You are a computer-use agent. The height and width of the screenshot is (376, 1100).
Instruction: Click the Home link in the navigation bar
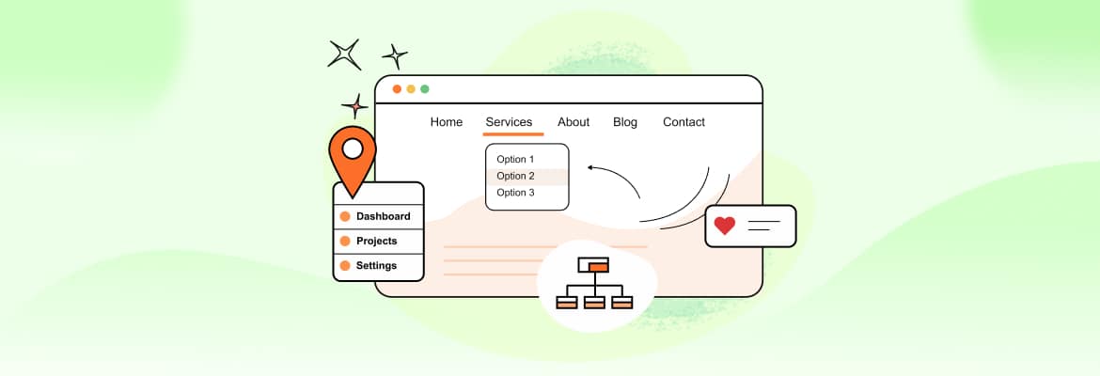coord(447,122)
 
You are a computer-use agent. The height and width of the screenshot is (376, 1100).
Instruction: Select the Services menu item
coord(509,122)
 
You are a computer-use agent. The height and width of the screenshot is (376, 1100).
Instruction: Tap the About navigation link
coord(574,122)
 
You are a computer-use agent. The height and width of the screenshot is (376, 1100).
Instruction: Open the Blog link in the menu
coord(625,122)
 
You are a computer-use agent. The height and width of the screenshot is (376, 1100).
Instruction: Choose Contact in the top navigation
coord(684,122)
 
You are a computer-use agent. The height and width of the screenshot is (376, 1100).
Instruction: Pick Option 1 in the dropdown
coord(515,160)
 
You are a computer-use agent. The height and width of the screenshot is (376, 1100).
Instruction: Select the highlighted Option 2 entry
coord(515,177)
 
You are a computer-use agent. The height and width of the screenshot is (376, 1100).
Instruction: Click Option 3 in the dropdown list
coord(515,193)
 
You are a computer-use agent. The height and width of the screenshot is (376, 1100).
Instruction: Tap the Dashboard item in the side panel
coord(383,216)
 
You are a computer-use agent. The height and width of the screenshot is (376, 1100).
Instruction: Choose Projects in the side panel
coord(376,241)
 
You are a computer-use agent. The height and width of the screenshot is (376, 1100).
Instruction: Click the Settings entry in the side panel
coord(376,265)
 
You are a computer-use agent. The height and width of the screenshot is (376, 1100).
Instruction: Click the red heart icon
coord(724,226)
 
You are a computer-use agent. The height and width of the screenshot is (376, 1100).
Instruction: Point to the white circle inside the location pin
coord(353,149)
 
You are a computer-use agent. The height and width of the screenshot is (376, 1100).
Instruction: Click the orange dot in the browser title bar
coord(397,89)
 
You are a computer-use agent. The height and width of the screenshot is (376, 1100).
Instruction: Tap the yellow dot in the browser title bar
coord(411,89)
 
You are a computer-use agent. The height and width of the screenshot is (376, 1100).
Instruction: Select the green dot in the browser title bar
coord(425,89)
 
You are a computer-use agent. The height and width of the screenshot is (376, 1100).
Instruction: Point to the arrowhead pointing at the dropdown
coord(590,168)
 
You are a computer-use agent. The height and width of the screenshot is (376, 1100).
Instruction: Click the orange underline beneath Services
coord(513,134)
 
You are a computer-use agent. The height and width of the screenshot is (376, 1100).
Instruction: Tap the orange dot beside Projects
coord(345,241)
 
